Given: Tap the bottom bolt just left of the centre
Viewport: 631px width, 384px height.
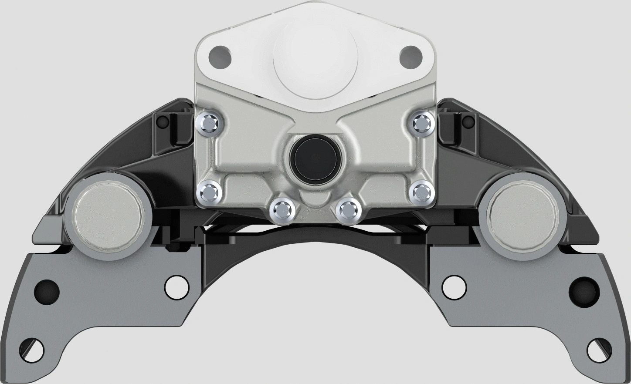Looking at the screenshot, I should click(x=282, y=210).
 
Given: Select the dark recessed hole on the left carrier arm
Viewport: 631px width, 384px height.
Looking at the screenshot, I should click(x=47, y=289).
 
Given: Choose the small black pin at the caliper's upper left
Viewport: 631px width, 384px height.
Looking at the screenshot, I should click(x=163, y=121).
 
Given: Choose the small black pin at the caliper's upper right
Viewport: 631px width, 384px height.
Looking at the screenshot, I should click(x=468, y=121).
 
